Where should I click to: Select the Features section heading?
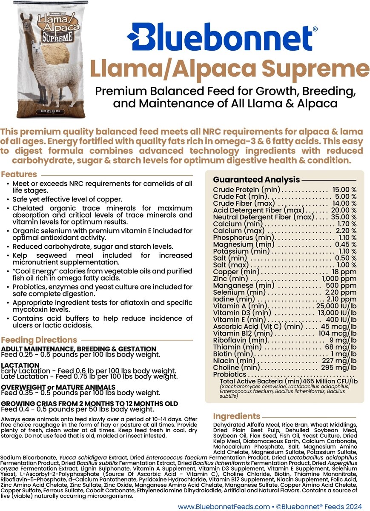[x=19, y=174]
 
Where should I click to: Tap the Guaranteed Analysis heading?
[x=256, y=180]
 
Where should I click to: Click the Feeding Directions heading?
[x=39, y=340]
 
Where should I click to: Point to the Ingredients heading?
[x=236, y=416]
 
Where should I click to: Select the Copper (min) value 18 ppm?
[x=347, y=272]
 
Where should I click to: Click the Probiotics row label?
[x=229, y=374]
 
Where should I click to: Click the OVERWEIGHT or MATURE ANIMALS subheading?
[x=58, y=387]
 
